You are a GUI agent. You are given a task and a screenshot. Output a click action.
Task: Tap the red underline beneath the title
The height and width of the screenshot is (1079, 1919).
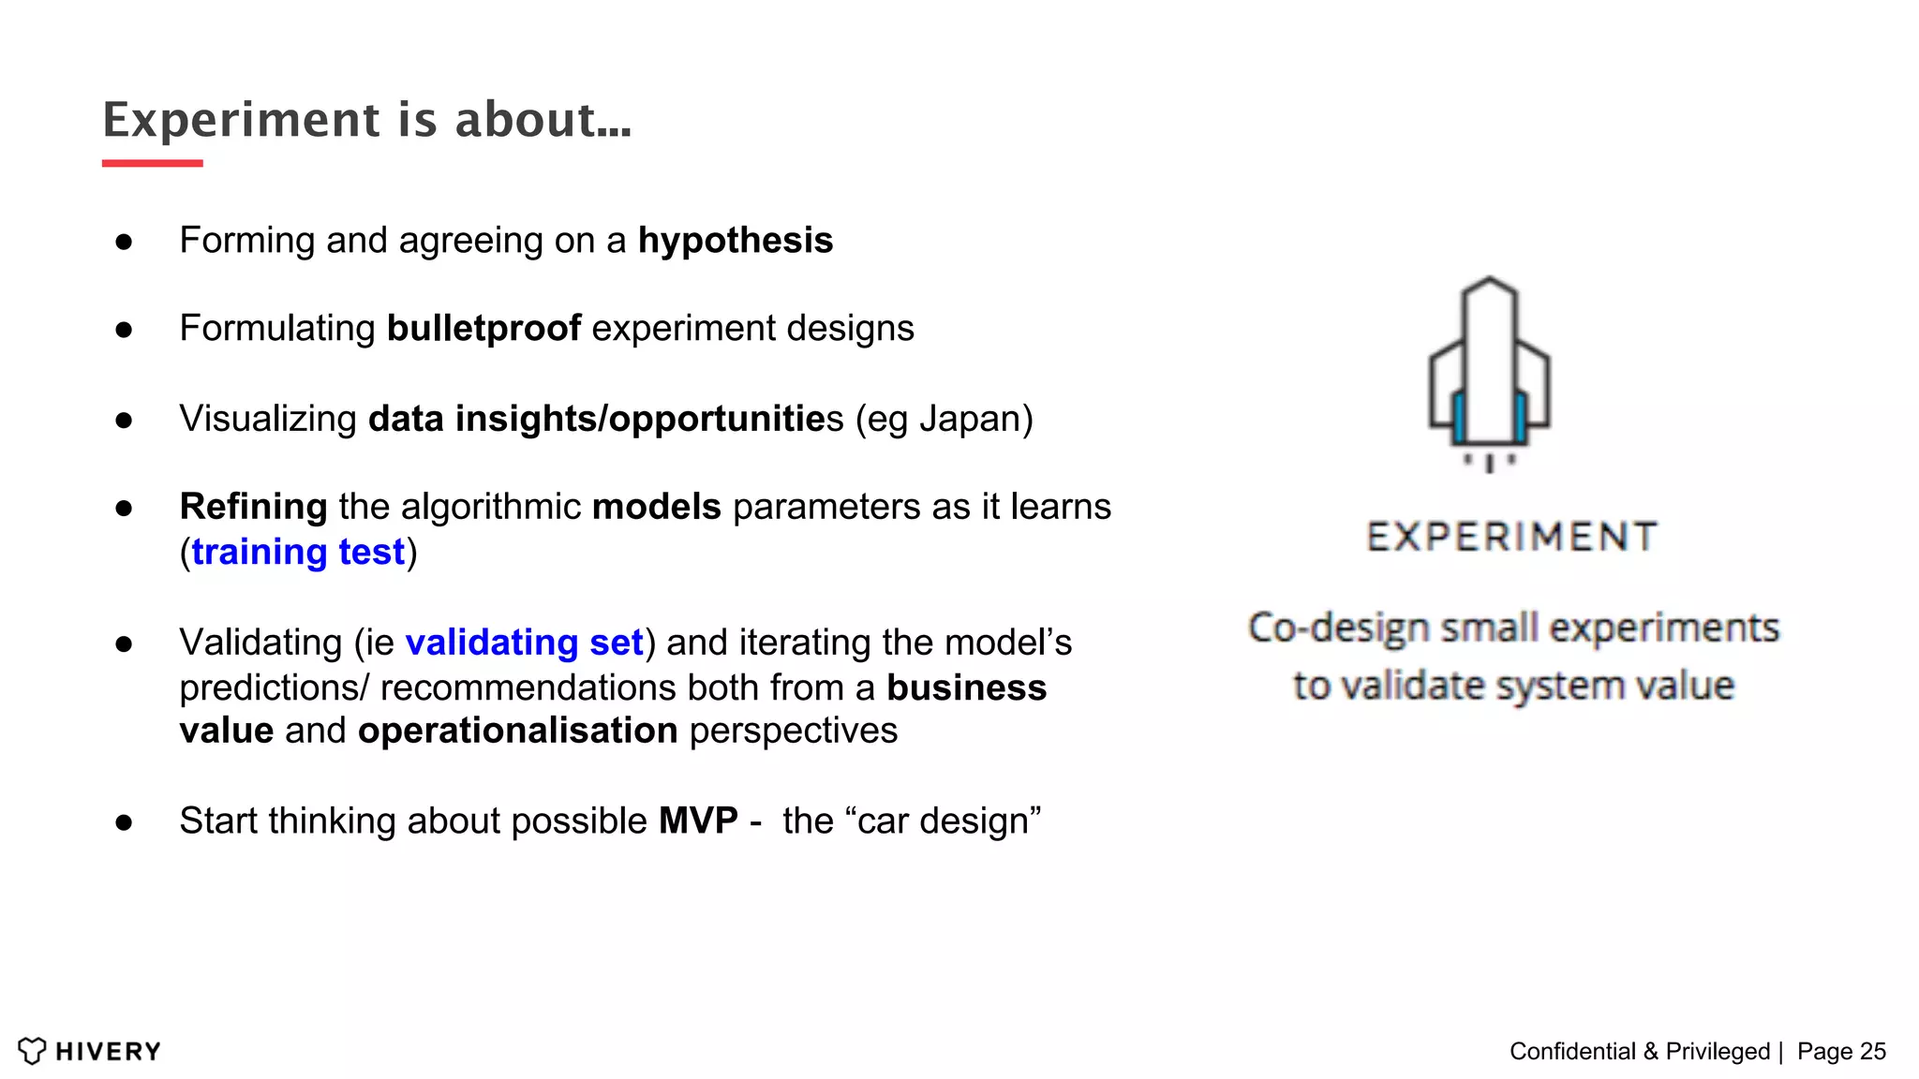pos(152,163)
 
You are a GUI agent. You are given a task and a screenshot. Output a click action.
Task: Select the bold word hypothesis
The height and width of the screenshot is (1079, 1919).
pos(735,241)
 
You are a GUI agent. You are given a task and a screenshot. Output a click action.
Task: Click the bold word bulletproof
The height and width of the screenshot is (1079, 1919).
pos(483,329)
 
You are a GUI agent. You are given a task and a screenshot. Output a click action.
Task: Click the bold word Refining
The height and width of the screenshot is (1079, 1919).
pos(253,507)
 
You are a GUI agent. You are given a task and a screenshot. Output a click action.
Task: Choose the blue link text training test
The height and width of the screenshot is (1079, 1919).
pos(298,552)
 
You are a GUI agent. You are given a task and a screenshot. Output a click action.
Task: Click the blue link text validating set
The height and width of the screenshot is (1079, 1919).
pos(524,643)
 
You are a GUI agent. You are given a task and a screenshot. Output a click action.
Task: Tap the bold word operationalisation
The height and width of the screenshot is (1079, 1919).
pos(517,731)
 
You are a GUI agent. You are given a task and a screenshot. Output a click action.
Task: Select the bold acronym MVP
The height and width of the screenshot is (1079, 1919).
pos(698,820)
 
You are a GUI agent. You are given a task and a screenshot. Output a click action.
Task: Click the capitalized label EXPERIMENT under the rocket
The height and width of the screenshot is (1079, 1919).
pos(1511,537)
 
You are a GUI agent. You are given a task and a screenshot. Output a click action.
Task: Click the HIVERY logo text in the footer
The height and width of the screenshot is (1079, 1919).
pos(108,1051)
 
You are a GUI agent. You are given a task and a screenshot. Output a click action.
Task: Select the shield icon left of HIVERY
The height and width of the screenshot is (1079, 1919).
pos(32,1051)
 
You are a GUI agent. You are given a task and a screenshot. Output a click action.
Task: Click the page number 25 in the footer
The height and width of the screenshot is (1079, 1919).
pos(1872,1051)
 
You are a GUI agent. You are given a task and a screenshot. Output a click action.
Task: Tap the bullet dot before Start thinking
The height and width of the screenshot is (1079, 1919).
pos(124,822)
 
